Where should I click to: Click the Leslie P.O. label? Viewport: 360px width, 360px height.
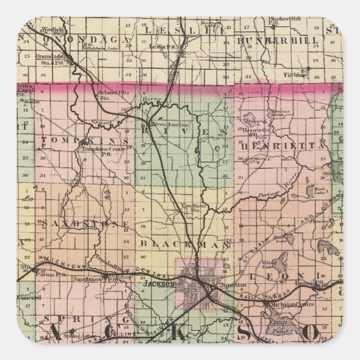coord(159,46)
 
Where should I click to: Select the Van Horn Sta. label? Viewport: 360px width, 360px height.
coord(191,208)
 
